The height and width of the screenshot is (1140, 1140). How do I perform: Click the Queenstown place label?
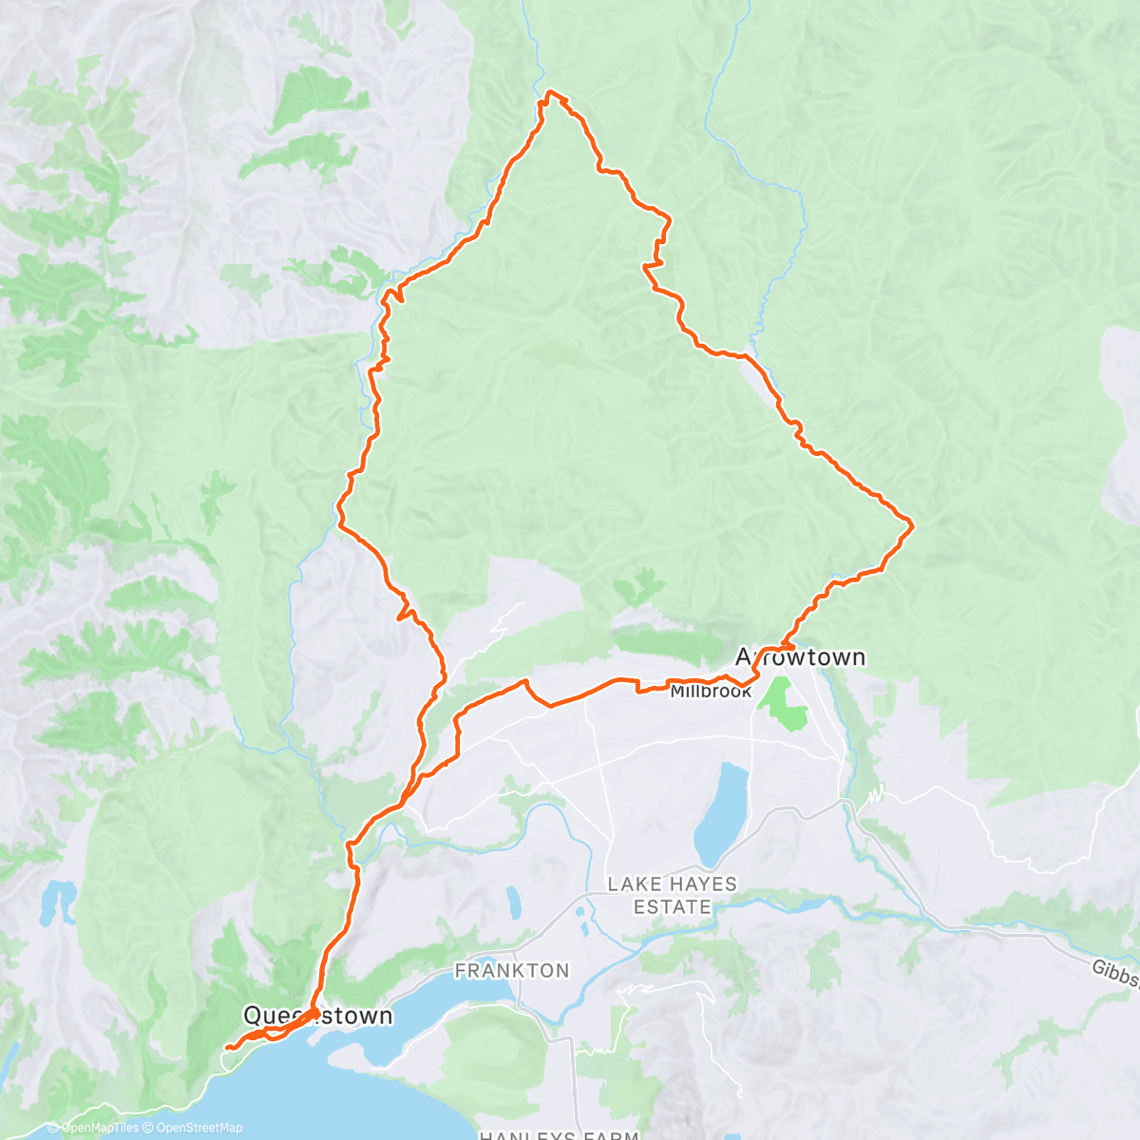pos(318,1016)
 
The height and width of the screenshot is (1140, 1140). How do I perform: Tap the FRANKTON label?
pos(512,970)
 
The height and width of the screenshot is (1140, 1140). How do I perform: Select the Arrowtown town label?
pos(801,657)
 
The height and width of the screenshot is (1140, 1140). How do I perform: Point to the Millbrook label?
pos(711,692)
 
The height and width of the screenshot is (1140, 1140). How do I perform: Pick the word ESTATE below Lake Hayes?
pos(673,907)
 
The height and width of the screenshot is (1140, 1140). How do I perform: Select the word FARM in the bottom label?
pos(609,1134)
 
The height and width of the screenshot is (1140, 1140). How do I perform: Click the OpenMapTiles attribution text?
pos(100,1128)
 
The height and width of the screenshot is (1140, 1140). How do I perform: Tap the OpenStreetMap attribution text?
pos(199,1128)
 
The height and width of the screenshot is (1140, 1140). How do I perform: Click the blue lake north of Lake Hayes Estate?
pos(722,812)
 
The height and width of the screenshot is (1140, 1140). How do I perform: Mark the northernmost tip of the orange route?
pos(551,92)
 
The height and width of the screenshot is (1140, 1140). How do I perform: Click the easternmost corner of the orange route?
pos(912,523)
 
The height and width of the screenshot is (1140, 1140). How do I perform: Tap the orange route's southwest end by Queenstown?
pos(227,1048)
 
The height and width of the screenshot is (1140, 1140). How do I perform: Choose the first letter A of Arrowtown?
pos(744,657)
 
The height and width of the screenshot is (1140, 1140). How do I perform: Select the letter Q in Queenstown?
pos(254,1016)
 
